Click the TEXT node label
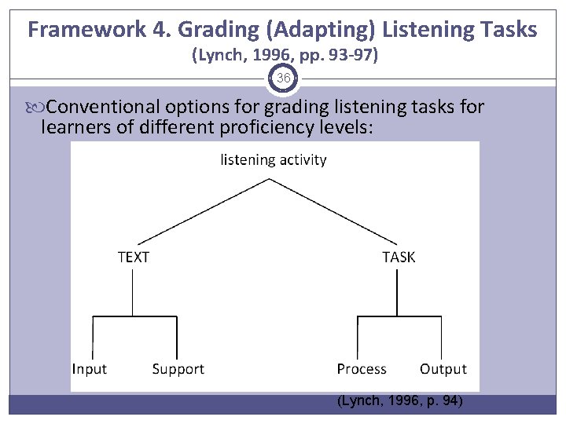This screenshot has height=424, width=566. (x=133, y=257)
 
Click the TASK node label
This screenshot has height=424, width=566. (x=399, y=257)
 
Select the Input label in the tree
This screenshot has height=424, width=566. (x=90, y=369)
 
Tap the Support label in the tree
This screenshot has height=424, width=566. (x=178, y=369)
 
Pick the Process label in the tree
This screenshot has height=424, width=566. (x=362, y=369)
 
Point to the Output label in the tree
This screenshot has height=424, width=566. (x=443, y=369)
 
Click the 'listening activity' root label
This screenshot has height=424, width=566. (x=274, y=160)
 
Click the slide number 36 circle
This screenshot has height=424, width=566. (x=283, y=79)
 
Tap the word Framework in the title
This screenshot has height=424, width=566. (x=84, y=30)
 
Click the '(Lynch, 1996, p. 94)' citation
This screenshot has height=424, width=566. (x=400, y=401)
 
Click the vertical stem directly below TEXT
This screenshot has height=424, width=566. (x=133, y=291)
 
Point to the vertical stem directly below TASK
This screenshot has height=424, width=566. (x=398, y=291)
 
